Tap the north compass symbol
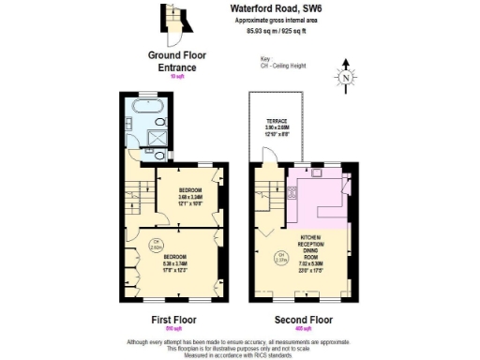coord(347,78)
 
